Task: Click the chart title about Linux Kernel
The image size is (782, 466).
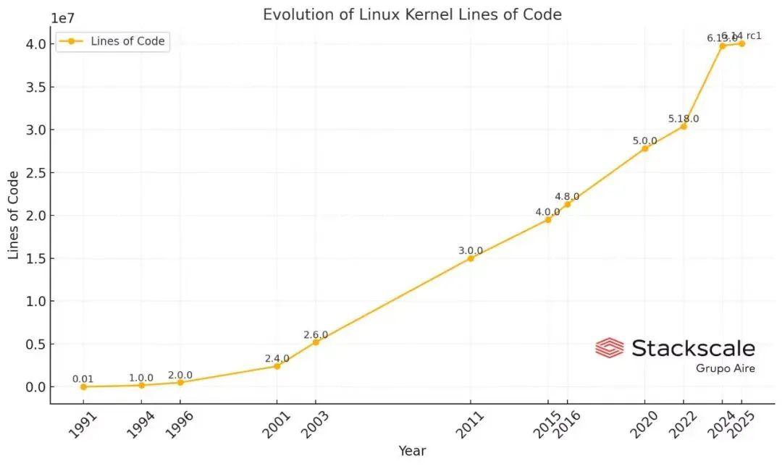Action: coord(412,14)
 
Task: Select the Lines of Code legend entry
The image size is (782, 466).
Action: coord(112,41)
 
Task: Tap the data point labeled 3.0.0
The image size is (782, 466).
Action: coord(471,258)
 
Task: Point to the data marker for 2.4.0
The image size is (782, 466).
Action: coord(277,366)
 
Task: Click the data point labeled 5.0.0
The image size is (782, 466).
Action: coord(644,148)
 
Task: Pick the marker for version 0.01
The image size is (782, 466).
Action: coord(83,386)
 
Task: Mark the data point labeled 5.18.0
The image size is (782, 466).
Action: coord(683,127)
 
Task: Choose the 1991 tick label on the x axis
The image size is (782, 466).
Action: coord(82,425)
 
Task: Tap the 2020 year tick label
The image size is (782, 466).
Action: coord(643,425)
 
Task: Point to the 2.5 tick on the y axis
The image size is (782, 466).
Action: coord(35,173)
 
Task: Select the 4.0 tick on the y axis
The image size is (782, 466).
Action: coord(35,44)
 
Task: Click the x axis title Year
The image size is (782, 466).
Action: coord(412,452)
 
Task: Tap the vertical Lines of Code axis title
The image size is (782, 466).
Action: coord(14,216)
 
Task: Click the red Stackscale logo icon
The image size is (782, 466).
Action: coord(609,348)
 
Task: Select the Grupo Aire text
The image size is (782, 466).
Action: coord(725,368)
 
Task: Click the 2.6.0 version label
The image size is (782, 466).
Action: coord(316,335)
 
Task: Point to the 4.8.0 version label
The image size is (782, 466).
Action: coord(567,197)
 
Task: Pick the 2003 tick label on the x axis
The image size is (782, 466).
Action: coord(314,425)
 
